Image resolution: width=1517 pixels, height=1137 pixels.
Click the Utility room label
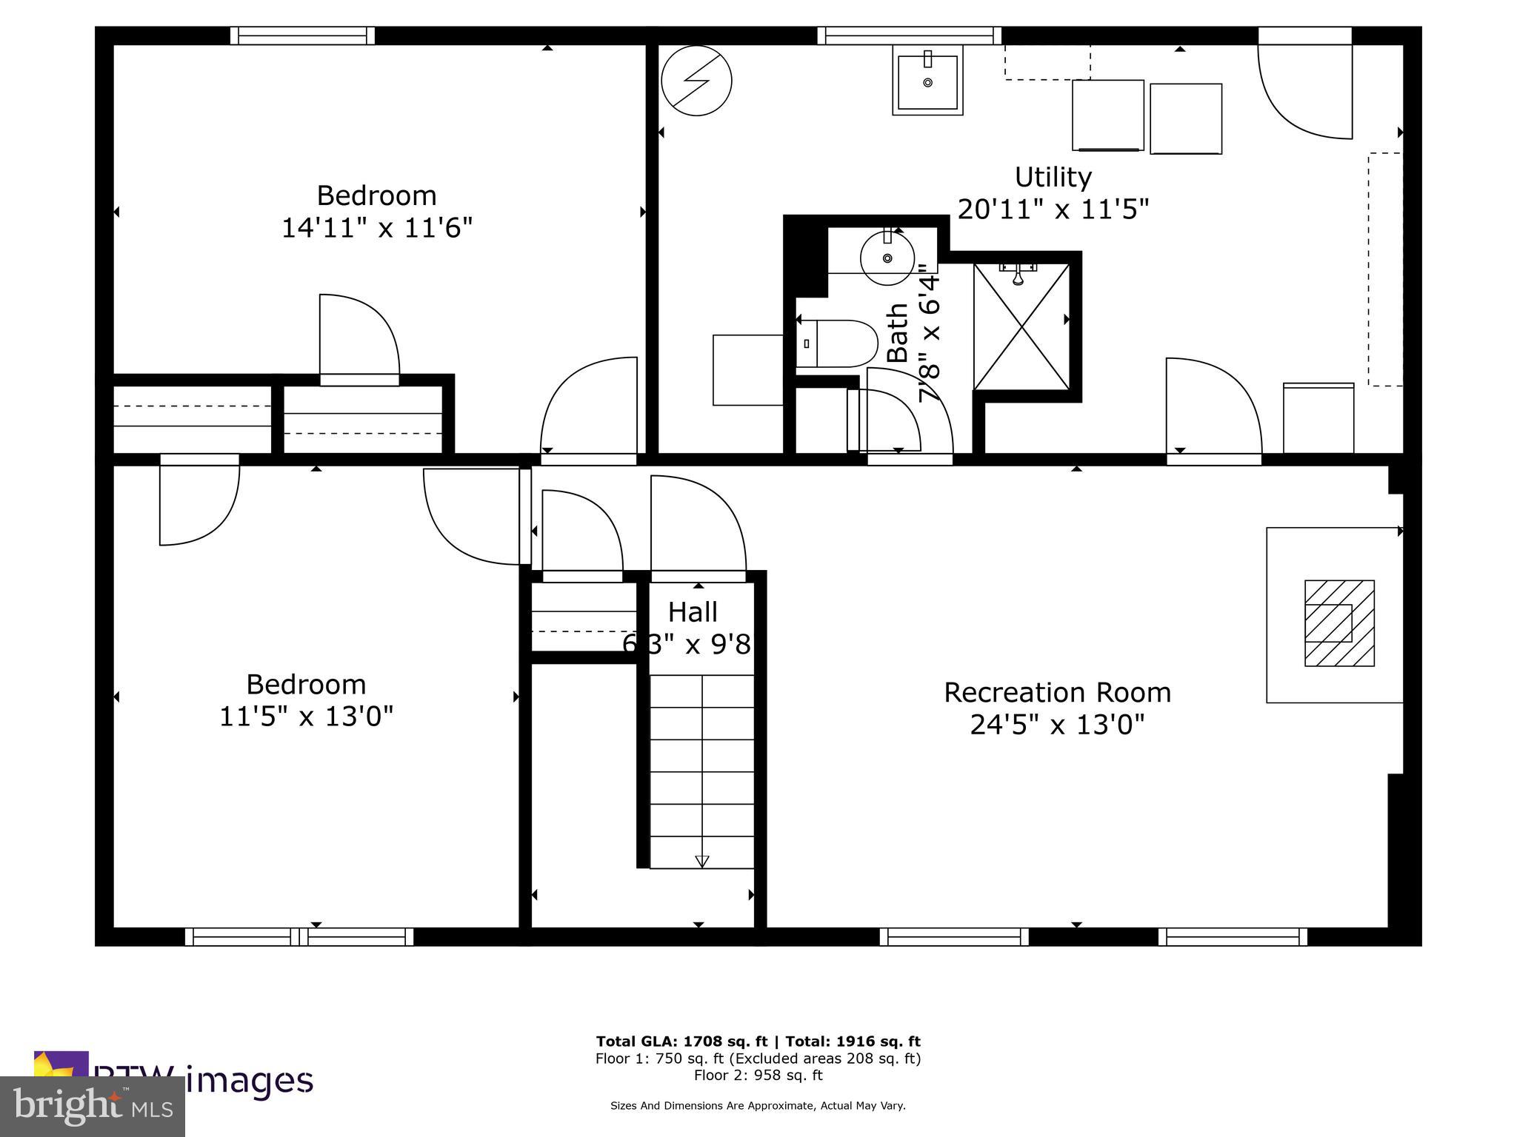pos(1053,178)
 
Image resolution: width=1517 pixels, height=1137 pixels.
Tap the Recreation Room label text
pos(1057,693)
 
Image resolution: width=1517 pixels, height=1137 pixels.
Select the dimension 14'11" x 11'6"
pos(376,228)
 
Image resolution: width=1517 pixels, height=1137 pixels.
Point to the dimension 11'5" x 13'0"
pos(306,717)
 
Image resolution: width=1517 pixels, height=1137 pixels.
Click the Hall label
pos(693,612)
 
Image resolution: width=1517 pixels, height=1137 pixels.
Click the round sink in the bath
pos(887,258)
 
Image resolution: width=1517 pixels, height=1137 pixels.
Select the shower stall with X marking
pos(1021,326)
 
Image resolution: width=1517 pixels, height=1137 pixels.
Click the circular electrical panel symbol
pos(696,80)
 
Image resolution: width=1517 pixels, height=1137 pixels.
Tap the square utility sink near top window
pos(927,81)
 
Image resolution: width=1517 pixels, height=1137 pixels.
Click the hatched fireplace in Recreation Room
pos(1339,623)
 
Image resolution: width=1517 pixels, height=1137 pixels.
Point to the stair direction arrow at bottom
pos(701,862)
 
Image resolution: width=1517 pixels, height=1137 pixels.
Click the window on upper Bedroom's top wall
pos(302,36)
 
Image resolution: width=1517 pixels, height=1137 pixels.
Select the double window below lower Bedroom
pos(299,936)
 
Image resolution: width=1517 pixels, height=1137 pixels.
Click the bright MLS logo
pos(92,1107)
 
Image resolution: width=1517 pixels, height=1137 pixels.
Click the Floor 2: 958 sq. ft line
pos(758,1075)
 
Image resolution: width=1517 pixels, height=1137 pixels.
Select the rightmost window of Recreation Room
pos(1233,936)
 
